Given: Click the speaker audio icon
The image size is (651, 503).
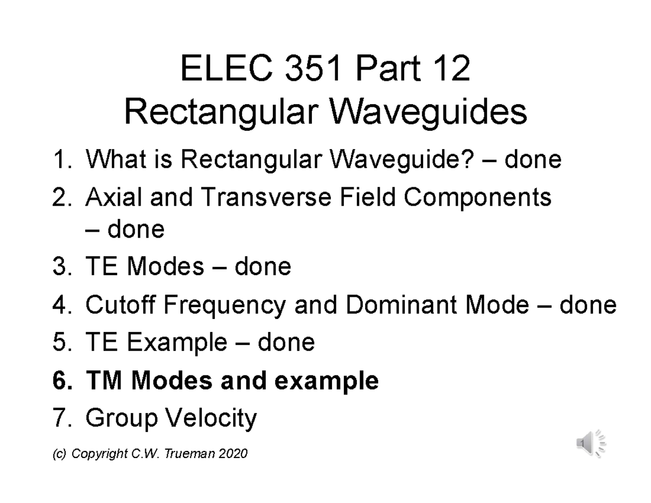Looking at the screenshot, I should click(591, 443).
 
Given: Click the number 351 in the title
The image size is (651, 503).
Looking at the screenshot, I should click(296, 71).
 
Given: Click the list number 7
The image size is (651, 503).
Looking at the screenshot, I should click(61, 418).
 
